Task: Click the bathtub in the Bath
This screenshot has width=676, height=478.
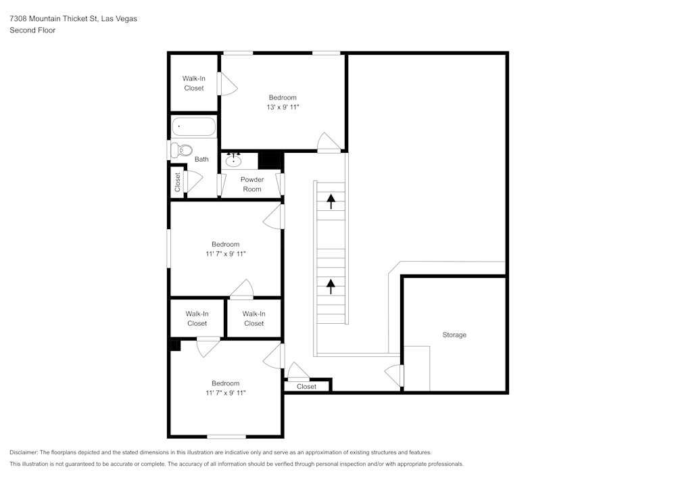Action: pyautogui.click(x=194, y=126)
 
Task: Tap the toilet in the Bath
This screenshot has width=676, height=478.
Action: pyautogui.click(x=181, y=150)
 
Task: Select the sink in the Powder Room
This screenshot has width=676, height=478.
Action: pyautogui.click(x=234, y=160)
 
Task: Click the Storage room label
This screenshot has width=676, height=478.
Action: pyautogui.click(x=454, y=335)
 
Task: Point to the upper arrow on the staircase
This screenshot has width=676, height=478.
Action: pyautogui.click(x=331, y=201)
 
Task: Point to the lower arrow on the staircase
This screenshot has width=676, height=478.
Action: pyautogui.click(x=331, y=286)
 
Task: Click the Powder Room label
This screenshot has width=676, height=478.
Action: pyautogui.click(x=252, y=185)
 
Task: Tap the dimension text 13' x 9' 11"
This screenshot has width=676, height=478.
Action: pyautogui.click(x=283, y=107)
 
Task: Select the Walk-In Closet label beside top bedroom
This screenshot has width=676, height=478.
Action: pyautogui.click(x=194, y=83)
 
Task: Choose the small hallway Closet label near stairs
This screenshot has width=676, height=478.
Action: pyautogui.click(x=306, y=387)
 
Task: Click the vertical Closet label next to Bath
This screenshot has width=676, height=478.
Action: pyautogui.click(x=178, y=183)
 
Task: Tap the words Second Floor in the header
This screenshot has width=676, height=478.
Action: pyautogui.click(x=32, y=30)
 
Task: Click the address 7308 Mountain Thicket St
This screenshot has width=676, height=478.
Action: pyautogui.click(x=54, y=19)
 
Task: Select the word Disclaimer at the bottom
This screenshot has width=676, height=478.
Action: pyautogui.click(x=24, y=452)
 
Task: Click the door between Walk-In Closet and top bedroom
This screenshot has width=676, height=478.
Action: pyautogui.click(x=226, y=84)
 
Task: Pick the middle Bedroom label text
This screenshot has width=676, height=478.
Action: pyautogui.click(x=225, y=244)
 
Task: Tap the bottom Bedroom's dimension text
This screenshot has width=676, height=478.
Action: pyautogui.click(x=225, y=393)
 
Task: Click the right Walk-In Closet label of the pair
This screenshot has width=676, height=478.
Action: pyautogui.click(x=254, y=318)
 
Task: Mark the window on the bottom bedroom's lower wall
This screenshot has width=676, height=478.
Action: pyautogui.click(x=226, y=436)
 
